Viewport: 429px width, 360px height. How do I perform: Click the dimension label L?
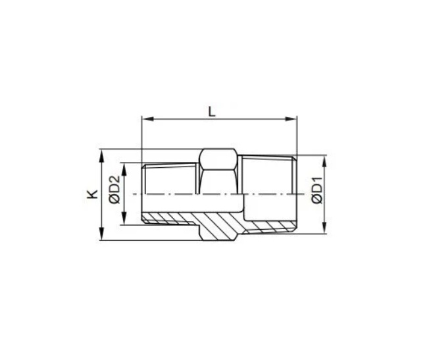coord(212,112)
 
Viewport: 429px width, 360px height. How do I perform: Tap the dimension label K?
coord(92,194)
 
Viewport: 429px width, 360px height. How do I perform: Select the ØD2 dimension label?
coord(114,190)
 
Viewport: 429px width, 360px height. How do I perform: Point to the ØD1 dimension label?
coord(317,190)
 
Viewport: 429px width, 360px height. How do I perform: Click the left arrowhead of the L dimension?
coord(148,119)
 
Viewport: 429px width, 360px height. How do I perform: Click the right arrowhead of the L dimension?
coord(291,119)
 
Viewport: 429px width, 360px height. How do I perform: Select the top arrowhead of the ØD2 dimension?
coord(124,170)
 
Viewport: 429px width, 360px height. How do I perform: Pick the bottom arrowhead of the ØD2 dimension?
coord(124,219)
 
